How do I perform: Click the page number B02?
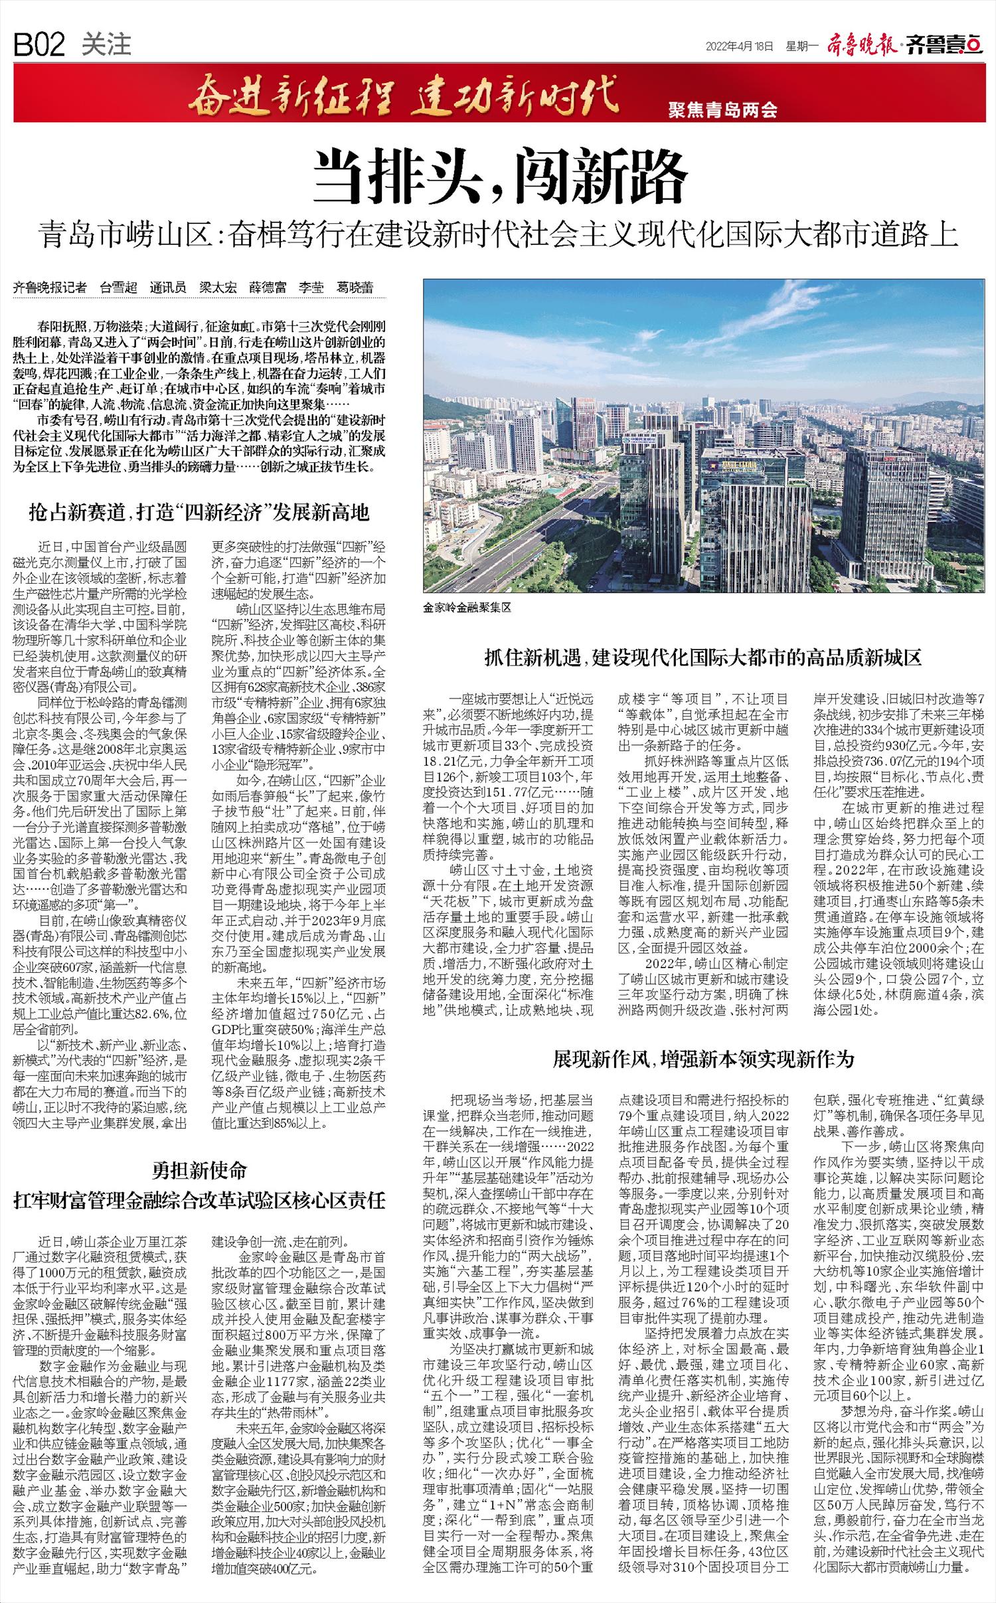tap(39, 44)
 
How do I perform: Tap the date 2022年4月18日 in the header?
tap(740, 46)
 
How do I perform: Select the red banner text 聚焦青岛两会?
tap(722, 110)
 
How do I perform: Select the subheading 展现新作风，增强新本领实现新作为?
tap(703, 1058)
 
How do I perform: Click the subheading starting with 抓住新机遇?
tap(703, 658)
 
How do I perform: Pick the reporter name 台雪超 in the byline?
tap(118, 288)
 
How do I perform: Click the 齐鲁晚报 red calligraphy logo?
tap(863, 45)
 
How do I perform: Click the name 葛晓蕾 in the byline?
tap(354, 288)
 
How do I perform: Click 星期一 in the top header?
tap(803, 46)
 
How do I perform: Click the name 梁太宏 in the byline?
tap(218, 288)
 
